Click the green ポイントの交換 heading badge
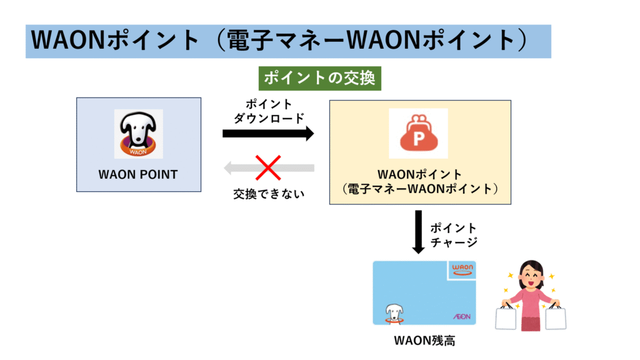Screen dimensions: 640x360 click(319, 78)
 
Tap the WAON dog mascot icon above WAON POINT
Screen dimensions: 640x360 click(138, 134)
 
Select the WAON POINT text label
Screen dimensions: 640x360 click(138, 175)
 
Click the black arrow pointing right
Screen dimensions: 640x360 click(267, 134)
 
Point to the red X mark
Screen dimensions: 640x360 click(268, 167)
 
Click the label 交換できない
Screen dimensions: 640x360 click(269, 194)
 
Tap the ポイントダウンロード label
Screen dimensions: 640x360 click(269, 111)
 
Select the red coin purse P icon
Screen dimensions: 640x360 click(419, 133)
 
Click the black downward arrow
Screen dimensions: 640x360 click(418, 232)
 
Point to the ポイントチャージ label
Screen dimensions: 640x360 click(454, 235)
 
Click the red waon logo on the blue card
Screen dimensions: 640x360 click(462, 269)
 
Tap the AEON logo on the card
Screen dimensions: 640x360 click(462, 316)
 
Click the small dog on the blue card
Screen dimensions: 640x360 click(394, 314)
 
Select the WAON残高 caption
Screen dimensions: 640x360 click(424, 341)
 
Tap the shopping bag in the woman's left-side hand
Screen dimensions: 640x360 click(506, 317)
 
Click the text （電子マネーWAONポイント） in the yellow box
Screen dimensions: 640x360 click(420, 189)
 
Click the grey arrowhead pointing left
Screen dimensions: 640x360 click(227, 167)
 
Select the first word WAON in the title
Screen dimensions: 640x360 click(69, 41)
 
